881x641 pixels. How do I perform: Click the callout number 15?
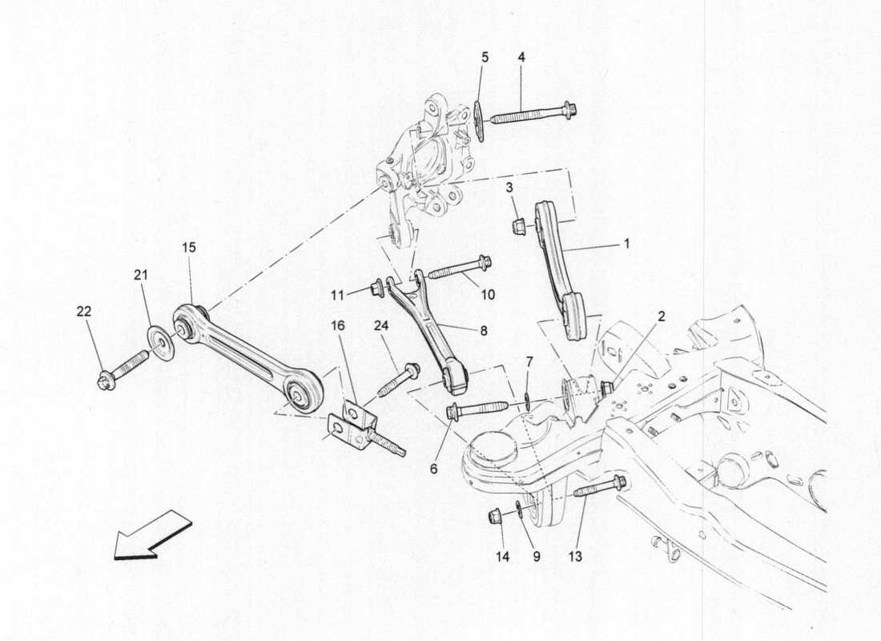click(x=187, y=248)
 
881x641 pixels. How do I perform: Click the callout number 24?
click(x=380, y=325)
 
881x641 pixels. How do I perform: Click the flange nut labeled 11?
click(x=378, y=288)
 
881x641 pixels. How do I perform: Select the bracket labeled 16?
click(x=352, y=425)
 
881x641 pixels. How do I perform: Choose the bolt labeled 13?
click(x=599, y=486)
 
